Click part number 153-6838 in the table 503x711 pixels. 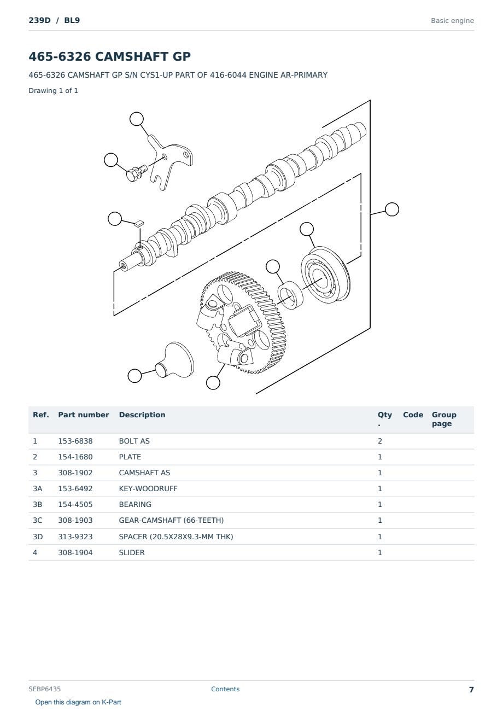coord(75,441)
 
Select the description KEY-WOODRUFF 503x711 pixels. coord(148,488)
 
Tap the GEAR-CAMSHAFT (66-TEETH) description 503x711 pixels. coord(171,520)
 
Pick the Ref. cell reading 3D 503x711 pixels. coord(38,537)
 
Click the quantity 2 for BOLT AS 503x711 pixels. coord(380,441)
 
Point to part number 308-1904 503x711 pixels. coord(75,552)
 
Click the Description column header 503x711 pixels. coord(142,415)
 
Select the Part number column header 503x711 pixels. coord(84,415)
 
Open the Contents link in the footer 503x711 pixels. coord(225,689)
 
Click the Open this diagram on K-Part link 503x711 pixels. coord(78,702)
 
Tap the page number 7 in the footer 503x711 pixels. coord(471,690)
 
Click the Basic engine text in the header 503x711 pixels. coord(452,21)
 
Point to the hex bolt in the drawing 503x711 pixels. coord(137,173)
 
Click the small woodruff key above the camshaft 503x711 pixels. coord(139,224)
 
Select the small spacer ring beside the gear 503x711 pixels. coord(290,295)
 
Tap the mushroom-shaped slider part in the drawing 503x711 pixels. coord(175,360)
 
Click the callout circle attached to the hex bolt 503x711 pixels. coord(111,160)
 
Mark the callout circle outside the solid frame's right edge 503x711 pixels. coord(392,209)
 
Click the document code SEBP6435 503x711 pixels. coord(44,689)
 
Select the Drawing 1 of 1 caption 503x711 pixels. coord(54,90)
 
